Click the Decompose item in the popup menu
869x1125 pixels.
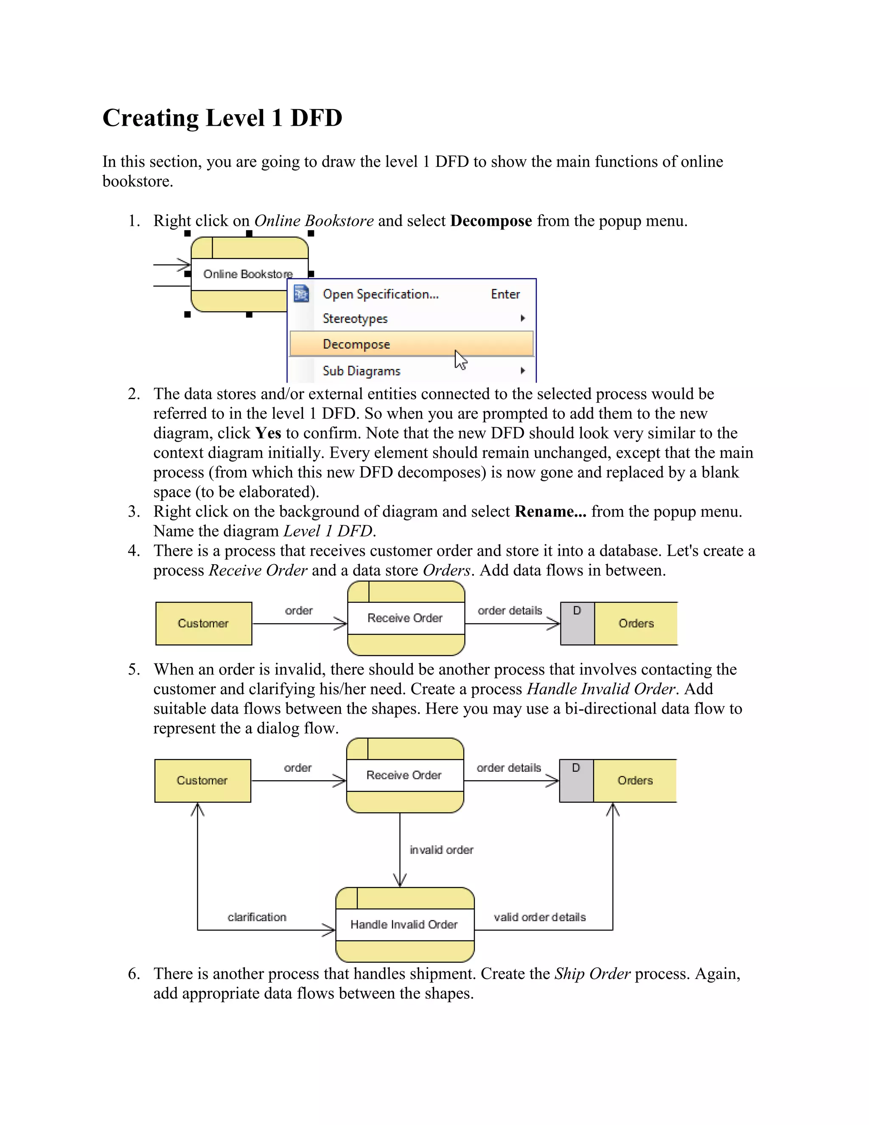coord(356,344)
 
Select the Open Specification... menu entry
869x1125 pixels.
coord(381,294)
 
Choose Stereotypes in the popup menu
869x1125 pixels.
coord(355,319)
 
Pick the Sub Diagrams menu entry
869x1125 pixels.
coord(362,371)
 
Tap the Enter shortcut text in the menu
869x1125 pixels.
coord(505,294)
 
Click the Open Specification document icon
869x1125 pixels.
coord(301,294)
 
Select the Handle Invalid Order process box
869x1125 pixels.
coord(404,925)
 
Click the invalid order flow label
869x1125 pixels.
coord(441,850)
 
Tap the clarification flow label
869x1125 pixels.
coord(257,917)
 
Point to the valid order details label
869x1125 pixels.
coord(540,917)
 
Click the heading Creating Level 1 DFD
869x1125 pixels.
coord(222,118)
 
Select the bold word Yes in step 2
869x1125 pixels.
coord(268,433)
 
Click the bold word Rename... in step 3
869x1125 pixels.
coord(550,512)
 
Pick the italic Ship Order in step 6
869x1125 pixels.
coord(592,973)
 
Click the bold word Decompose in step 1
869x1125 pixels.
coord(491,221)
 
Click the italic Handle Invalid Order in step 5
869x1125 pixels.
coord(601,689)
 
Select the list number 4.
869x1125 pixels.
coord(134,551)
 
